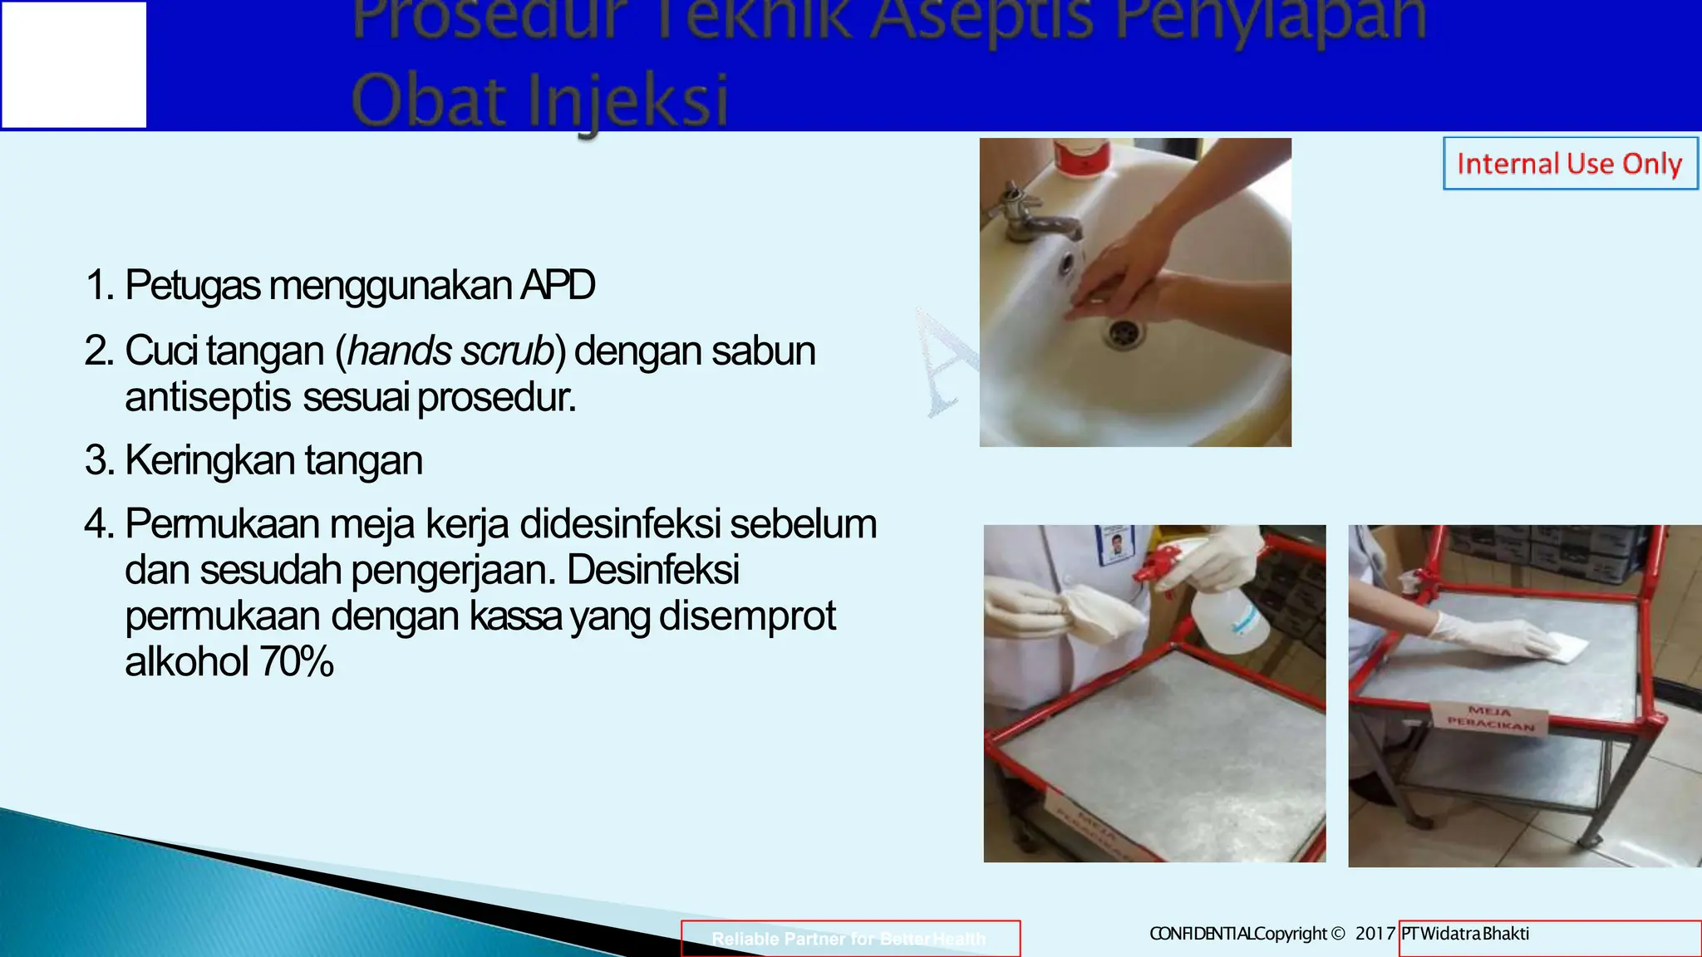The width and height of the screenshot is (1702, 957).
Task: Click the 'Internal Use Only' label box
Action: coord(1569,164)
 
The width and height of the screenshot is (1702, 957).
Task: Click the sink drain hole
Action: coord(1124,332)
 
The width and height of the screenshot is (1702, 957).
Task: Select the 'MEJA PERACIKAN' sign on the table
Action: coord(1492,719)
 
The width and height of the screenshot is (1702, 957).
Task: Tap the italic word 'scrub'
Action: coord(507,351)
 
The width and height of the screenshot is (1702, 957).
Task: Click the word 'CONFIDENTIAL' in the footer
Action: coord(1201,934)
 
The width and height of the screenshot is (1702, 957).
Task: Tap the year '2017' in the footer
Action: coord(1375,934)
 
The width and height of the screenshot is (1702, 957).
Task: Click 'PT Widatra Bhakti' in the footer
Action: coord(1465,934)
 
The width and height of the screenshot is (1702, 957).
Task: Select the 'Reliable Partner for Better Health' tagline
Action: coord(849,939)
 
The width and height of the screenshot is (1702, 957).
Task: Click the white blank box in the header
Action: coord(74,65)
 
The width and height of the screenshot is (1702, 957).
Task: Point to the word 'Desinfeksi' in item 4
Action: coord(653,570)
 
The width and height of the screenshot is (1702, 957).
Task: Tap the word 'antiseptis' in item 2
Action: coord(208,397)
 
